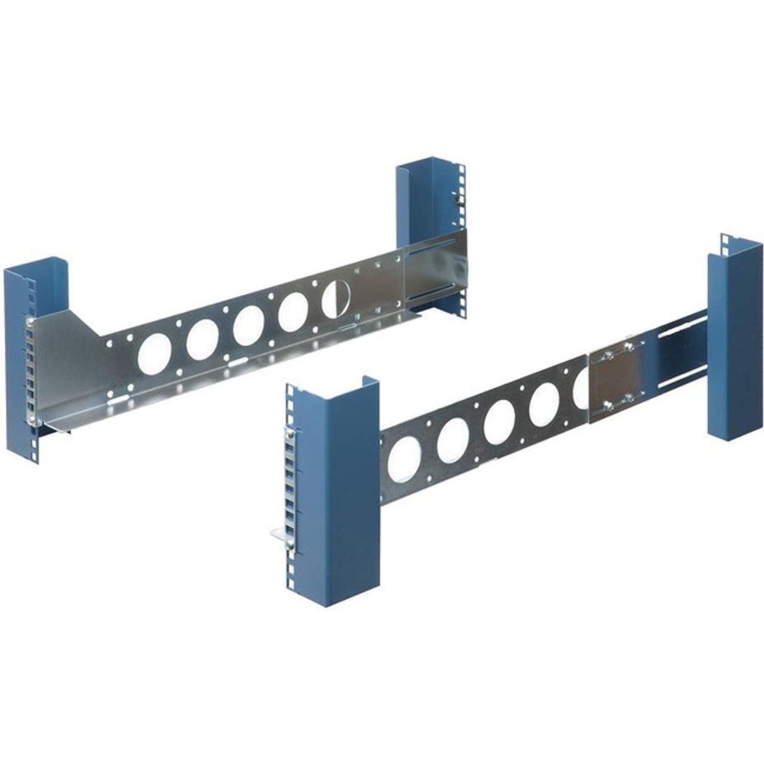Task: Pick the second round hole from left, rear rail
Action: click(x=203, y=336)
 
